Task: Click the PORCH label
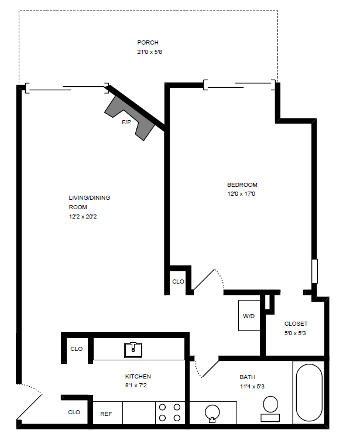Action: click(148, 42)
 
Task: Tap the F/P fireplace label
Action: click(126, 122)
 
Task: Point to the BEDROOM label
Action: click(242, 185)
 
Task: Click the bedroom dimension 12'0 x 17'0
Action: click(241, 194)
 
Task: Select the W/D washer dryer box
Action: click(249, 316)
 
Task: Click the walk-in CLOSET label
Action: click(296, 324)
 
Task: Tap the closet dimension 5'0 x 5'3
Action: click(295, 333)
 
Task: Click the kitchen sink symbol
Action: click(133, 350)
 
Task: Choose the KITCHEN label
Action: click(138, 376)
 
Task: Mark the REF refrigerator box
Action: click(106, 414)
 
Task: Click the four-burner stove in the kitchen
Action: click(170, 412)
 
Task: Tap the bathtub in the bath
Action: click(308, 393)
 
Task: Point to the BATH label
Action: click(248, 377)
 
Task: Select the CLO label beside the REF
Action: click(74, 412)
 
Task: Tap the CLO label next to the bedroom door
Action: click(178, 282)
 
